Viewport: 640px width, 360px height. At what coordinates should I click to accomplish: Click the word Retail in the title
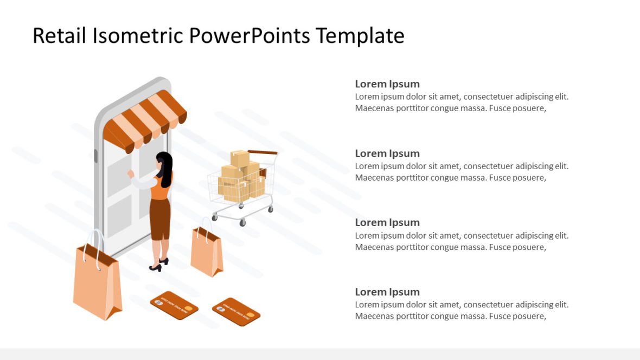(x=59, y=36)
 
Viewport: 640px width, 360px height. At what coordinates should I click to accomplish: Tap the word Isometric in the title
(x=138, y=36)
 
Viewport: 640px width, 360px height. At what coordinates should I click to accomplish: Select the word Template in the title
(x=360, y=36)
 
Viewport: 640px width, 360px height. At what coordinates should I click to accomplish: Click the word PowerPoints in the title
(x=249, y=36)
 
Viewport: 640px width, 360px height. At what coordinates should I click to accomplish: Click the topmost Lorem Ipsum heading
(x=387, y=84)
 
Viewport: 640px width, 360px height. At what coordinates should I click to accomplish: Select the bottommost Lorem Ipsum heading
(x=387, y=292)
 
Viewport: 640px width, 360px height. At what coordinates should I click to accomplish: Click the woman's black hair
(x=165, y=165)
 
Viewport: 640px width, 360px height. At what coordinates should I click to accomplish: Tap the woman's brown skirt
(x=161, y=217)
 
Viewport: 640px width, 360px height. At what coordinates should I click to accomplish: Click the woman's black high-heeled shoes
(x=157, y=266)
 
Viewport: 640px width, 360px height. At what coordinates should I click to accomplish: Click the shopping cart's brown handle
(x=263, y=152)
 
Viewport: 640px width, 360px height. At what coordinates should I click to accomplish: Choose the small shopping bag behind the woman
(x=207, y=252)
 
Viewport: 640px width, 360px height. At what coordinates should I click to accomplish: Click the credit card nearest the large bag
(x=174, y=305)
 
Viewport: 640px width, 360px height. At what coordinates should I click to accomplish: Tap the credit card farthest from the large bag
(x=236, y=312)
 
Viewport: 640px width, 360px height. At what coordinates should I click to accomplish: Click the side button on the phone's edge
(x=96, y=156)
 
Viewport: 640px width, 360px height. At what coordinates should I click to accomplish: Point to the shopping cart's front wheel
(x=242, y=222)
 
